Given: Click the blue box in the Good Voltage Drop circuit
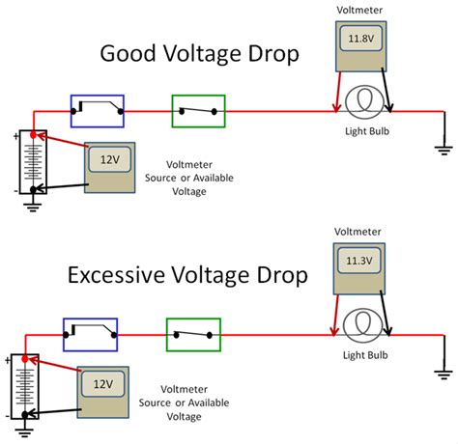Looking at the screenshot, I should pos(98,111).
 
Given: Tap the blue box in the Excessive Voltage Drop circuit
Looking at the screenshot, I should pos(90,334).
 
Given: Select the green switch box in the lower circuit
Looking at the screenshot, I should pos(193,334).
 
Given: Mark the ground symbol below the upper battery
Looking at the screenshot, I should pos(34,204).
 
